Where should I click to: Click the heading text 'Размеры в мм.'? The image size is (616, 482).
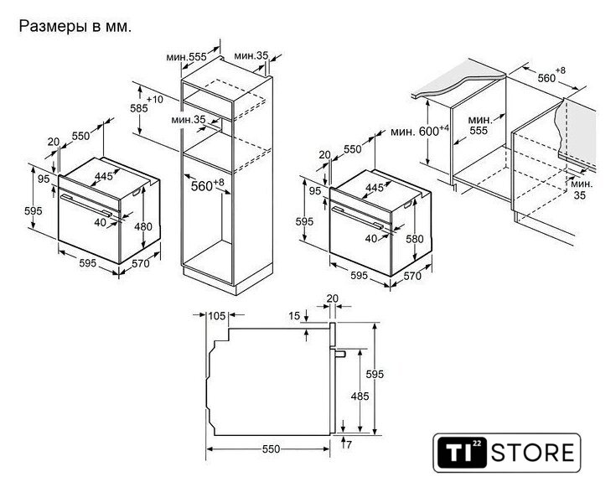[75, 26]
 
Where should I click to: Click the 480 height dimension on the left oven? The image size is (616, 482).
[143, 226]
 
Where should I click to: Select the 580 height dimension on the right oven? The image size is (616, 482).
[415, 239]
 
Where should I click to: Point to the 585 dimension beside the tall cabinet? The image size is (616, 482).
[139, 108]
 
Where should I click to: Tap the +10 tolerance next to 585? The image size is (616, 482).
[155, 99]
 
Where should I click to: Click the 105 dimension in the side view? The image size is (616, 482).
[217, 315]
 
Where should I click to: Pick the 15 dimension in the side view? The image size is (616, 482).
[294, 315]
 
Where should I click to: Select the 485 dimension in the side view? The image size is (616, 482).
[360, 396]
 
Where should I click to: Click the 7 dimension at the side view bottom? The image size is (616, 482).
[349, 444]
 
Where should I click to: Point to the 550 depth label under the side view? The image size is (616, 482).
[271, 448]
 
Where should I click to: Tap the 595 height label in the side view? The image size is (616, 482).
[375, 375]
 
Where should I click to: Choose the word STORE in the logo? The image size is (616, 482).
[532, 452]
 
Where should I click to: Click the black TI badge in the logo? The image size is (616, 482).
[462, 453]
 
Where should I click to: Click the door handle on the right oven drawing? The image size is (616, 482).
[358, 217]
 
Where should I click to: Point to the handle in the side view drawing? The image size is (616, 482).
[339, 354]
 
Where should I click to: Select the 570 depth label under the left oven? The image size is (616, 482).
[141, 263]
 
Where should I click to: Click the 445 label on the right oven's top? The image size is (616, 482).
[375, 188]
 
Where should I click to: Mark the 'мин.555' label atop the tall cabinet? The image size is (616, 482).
[186, 57]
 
